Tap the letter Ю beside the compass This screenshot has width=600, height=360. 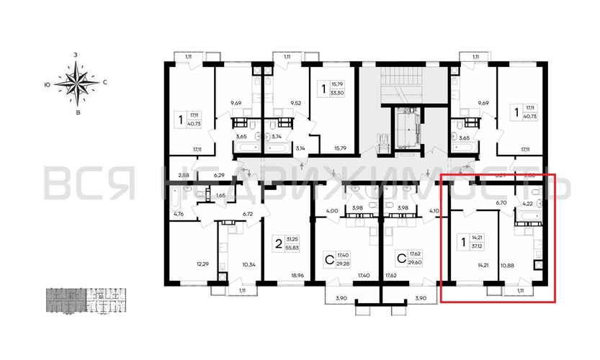pos(47,84)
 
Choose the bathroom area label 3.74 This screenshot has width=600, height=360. pos(275,136)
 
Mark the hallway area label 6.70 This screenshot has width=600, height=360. pos(502,204)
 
